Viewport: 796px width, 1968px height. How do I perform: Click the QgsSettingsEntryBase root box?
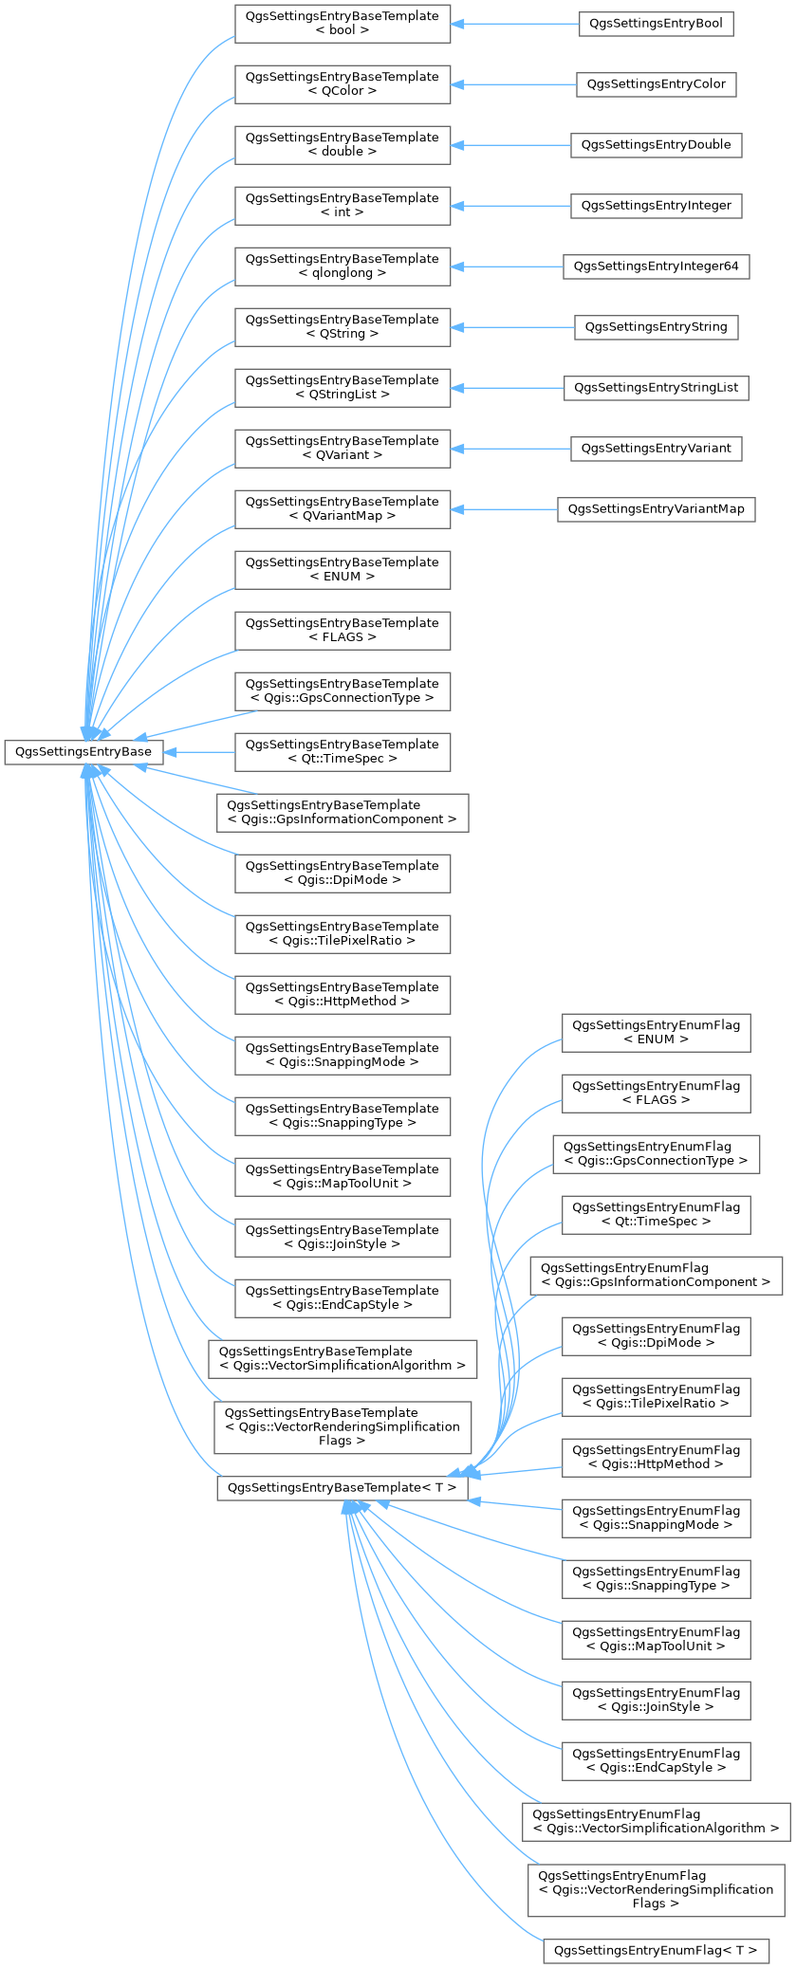coord(83,752)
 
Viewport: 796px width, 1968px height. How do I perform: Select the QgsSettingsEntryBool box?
coord(656,24)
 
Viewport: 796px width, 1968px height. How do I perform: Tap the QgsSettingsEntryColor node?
coord(656,84)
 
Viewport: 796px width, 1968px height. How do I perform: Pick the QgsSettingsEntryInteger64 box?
coord(656,267)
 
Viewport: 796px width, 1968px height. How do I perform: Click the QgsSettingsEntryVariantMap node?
coord(656,509)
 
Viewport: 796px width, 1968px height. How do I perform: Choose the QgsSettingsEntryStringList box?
coord(656,388)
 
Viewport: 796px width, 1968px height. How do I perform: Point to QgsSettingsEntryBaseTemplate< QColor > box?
coord(342,84)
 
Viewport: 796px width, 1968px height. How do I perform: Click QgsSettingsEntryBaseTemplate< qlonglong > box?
coord(342,267)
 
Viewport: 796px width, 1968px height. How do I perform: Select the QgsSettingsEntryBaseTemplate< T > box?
coord(342,1487)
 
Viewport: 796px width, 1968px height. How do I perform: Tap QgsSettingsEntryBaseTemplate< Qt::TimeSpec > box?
coord(342,752)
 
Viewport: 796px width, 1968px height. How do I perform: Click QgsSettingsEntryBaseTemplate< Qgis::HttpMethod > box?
coord(342,995)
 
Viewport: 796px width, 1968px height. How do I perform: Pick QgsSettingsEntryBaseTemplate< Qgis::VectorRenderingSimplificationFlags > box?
coord(342,1426)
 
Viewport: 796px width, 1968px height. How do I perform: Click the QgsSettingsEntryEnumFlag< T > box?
coord(656,1951)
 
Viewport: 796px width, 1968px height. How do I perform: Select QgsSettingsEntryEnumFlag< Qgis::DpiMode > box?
coord(656,1336)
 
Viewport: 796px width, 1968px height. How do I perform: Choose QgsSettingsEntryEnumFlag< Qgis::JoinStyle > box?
coord(656,1701)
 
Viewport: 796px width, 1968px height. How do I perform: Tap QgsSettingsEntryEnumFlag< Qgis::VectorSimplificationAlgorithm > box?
coord(656,1822)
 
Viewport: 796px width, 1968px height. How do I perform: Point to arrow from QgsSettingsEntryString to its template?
coord(512,327)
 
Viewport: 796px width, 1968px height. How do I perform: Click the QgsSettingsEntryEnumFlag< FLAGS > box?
coord(656,1094)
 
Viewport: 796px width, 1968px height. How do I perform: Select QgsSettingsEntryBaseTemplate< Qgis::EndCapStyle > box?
coord(342,1298)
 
